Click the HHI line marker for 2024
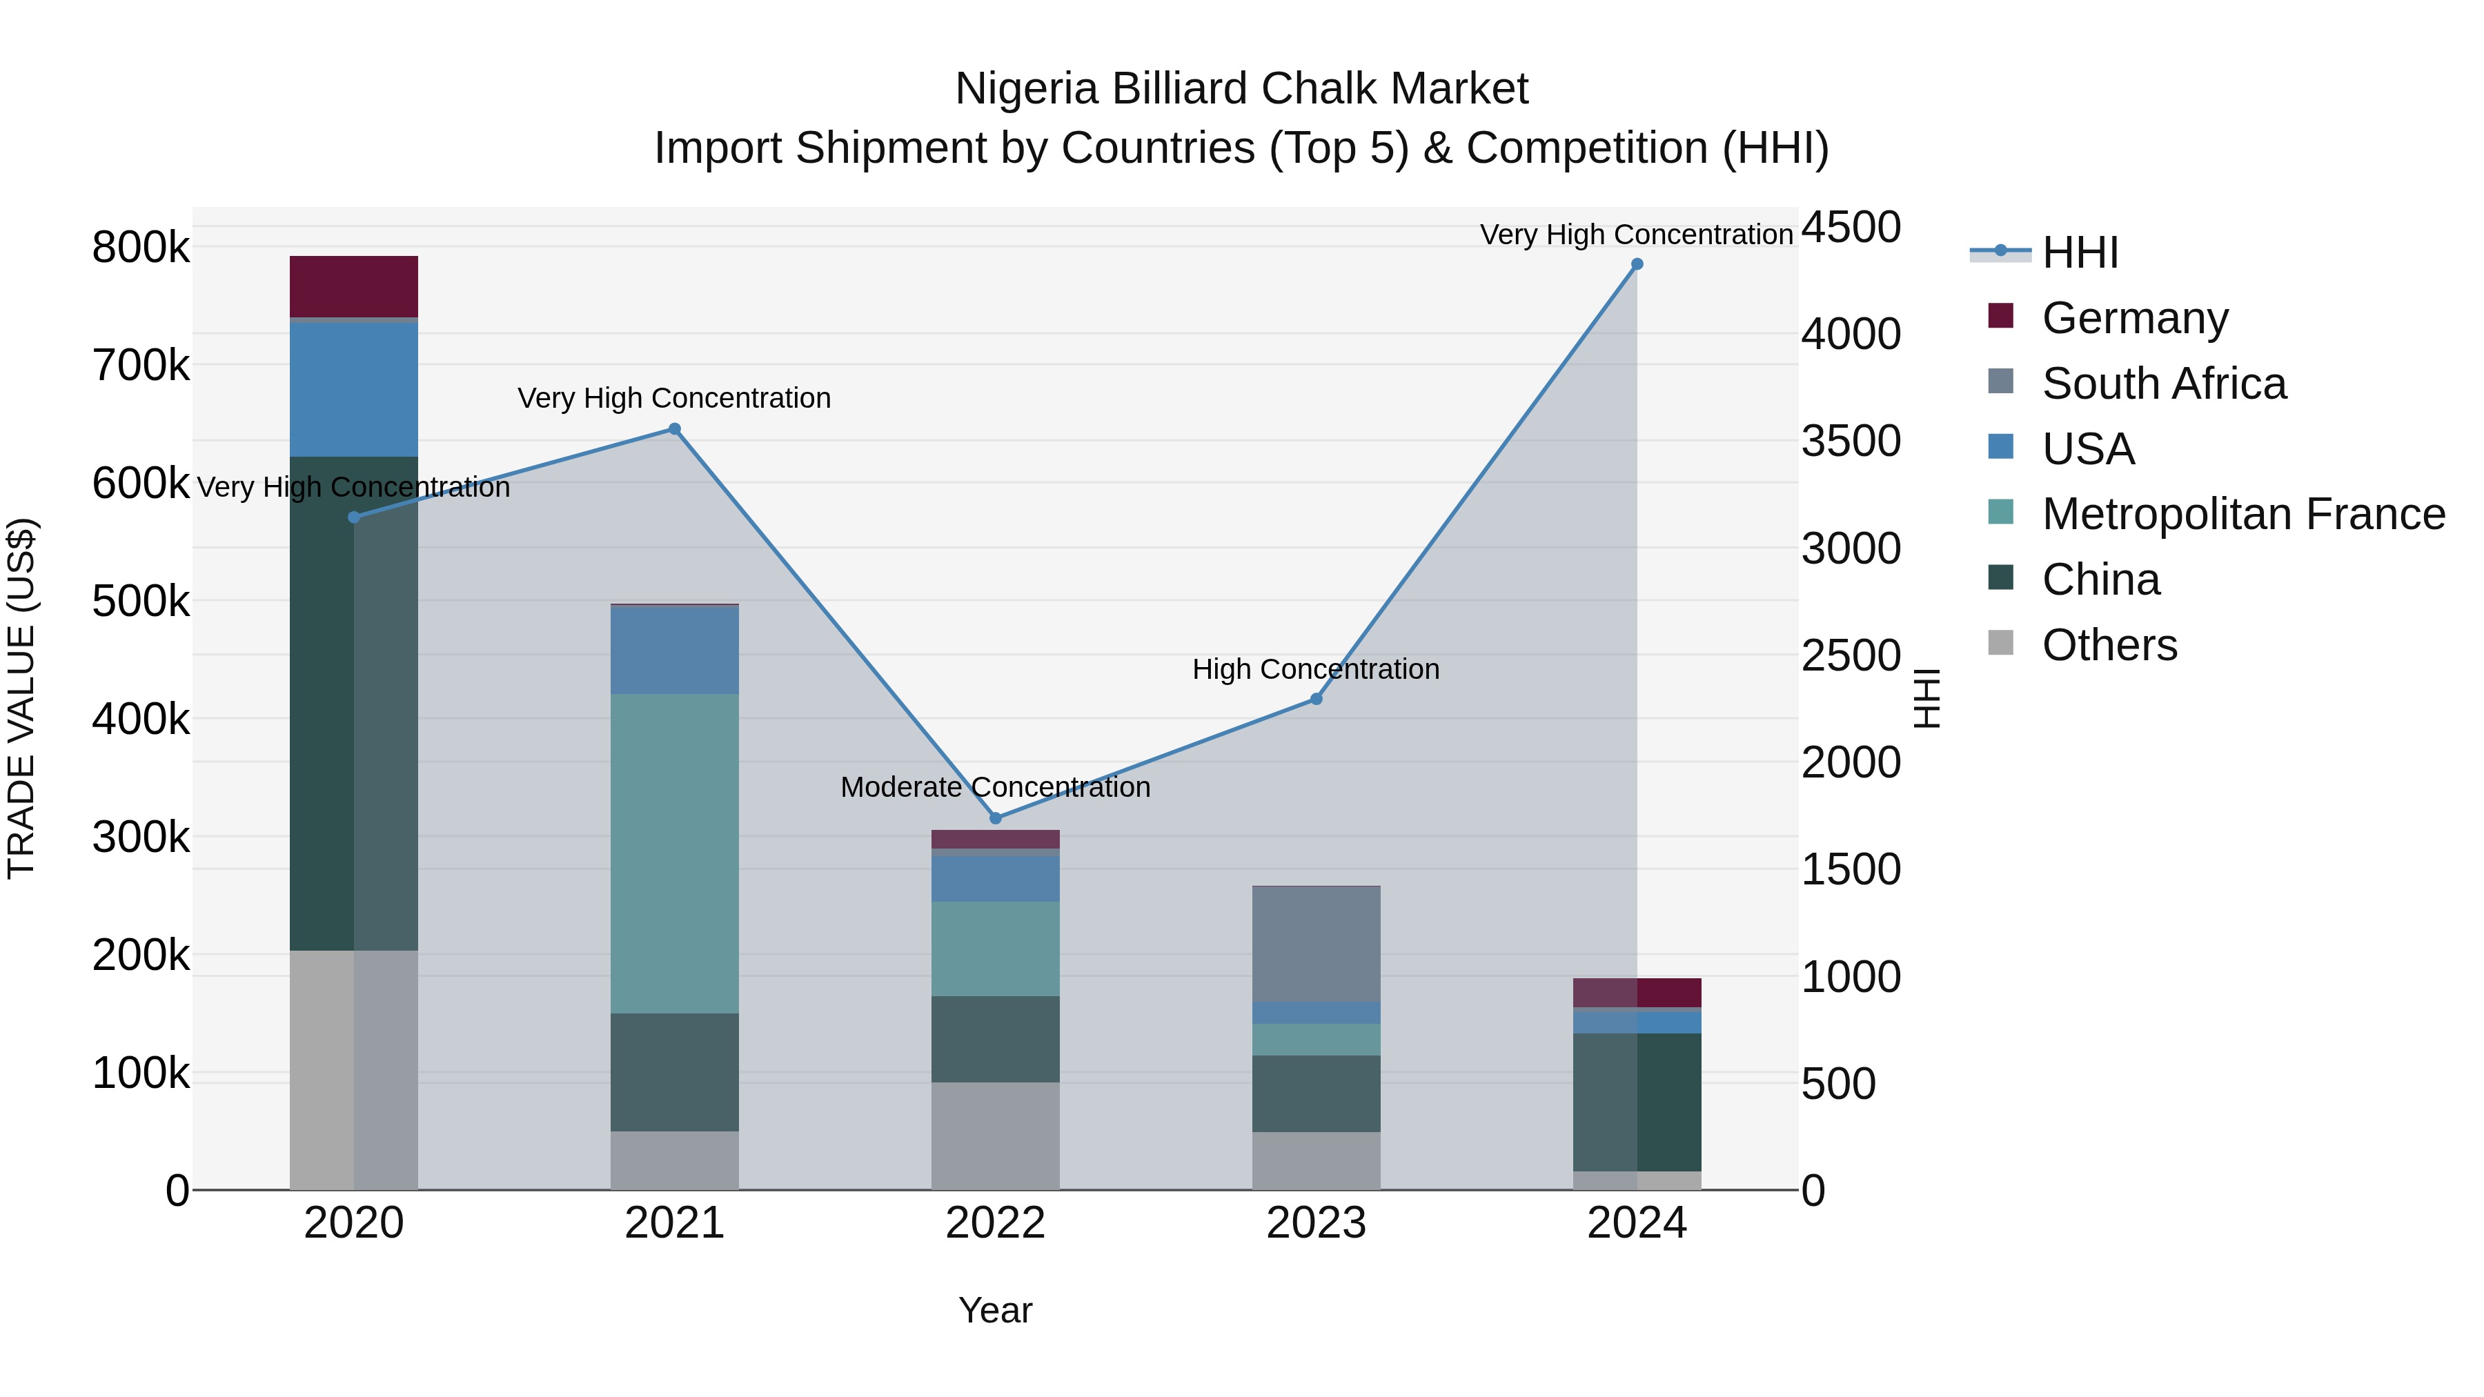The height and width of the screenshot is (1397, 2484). coord(1637,264)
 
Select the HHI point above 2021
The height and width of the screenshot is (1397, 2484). coord(674,429)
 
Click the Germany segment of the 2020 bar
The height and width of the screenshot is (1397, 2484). coord(354,286)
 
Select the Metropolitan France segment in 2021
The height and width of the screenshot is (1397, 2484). coord(674,853)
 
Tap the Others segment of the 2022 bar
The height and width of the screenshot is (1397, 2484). coord(995,1136)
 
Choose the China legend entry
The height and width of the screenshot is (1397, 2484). coord(2100,579)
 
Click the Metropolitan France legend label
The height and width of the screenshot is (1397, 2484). coord(2243,514)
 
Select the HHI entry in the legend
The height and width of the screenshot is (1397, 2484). coord(2080,252)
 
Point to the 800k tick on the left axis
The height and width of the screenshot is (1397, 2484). coord(141,248)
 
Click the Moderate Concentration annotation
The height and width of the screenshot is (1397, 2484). coord(995,786)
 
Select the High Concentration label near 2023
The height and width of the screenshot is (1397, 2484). coord(1315,669)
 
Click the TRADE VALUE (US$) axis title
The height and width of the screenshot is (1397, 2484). coord(21,698)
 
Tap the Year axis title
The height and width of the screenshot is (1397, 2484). coord(995,1310)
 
